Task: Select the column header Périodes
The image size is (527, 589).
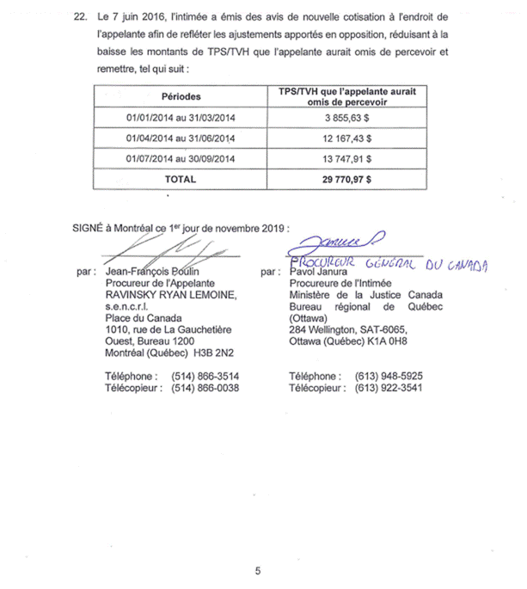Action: [181, 96]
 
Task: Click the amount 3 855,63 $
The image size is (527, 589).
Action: [347, 116]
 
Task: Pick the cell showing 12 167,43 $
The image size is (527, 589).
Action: [347, 138]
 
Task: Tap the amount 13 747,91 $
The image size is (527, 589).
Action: [347, 158]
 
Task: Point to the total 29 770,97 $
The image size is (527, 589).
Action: [347, 180]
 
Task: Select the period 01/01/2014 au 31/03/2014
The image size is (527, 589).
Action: [181, 116]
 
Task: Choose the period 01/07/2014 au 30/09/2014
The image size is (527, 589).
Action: [181, 158]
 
